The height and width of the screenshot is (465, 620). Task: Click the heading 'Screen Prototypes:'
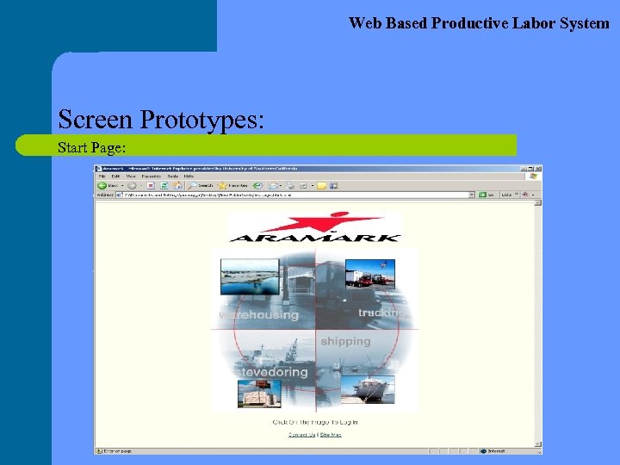click(160, 119)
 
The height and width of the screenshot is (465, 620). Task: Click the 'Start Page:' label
click(92, 147)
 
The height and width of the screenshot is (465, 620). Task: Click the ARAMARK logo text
click(315, 236)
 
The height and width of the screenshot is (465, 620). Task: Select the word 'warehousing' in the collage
click(259, 314)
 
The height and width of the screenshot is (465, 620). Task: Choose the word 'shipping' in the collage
click(345, 341)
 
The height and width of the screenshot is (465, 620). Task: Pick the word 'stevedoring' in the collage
click(273, 372)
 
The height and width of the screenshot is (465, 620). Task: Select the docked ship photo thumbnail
click(369, 389)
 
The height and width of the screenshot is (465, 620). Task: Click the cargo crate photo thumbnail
click(259, 394)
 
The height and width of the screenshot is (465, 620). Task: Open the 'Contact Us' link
click(301, 435)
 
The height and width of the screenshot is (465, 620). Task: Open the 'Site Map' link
click(331, 435)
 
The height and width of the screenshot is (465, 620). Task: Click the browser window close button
click(537, 168)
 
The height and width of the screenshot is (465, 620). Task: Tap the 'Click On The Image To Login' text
click(315, 422)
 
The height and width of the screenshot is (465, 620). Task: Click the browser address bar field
click(293, 195)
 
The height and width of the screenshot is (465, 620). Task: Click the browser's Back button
click(108, 185)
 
